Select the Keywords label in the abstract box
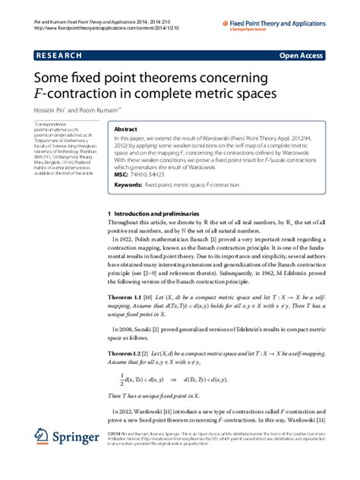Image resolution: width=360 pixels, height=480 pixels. [128, 185]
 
